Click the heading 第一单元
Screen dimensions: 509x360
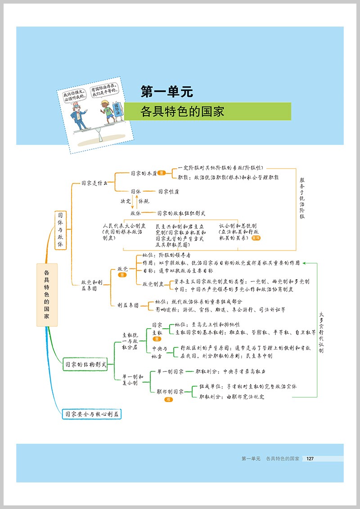pyautogui.click(x=166, y=92)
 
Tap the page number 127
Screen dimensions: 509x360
pyautogui.click(x=309, y=459)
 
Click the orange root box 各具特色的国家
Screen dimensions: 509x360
pyautogui.click(x=47, y=295)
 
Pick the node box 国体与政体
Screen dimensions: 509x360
pyautogui.click(x=60, y=230)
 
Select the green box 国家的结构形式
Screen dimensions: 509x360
pyautogui.click(x=85, y=365)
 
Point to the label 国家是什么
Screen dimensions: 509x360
pyautogui.click(x=94, y=183)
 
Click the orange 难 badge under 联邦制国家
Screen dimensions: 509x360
pyautogui.click(x=167, y=399)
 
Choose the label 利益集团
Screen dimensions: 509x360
pyautogui.click(x=128, y=305)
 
